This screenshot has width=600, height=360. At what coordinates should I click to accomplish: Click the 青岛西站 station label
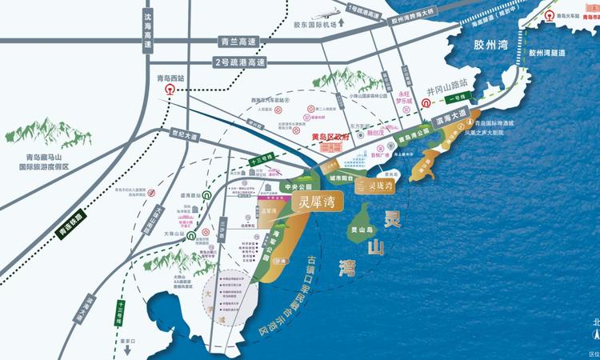pyautogui.click(x=170, y=78)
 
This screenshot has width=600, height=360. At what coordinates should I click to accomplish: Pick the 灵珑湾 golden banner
pyautogui.click(x=376, y=186)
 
